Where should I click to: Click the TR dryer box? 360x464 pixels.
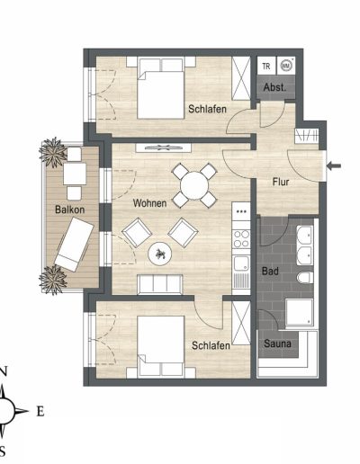(266, 66)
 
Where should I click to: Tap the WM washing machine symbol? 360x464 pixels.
(285, 66)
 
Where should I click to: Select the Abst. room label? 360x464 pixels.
(274, 87)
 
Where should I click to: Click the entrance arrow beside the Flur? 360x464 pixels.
(334, 165)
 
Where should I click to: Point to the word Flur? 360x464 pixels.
(281, 182)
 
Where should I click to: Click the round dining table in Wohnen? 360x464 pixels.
(194, 185)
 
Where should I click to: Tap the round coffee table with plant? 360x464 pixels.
(160, 254)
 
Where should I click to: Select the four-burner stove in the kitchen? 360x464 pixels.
(241, 238)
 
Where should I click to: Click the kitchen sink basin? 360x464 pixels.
(241, 264)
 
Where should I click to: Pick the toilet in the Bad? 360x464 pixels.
(305, 278)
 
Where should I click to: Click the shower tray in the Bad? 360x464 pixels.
(300, 312)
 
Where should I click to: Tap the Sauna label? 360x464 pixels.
(277, 344)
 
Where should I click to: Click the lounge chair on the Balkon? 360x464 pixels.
(74, 245)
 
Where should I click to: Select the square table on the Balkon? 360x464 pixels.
(75, 174)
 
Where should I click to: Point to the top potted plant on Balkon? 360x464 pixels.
(53, 152)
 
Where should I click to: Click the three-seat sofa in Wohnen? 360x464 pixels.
(160, 284)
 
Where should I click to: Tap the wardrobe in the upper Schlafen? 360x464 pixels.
(241, 78)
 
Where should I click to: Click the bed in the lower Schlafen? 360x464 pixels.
(161, 346)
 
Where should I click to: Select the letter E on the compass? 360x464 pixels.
(40, 412)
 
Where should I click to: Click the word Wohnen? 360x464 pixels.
(149, 203)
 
